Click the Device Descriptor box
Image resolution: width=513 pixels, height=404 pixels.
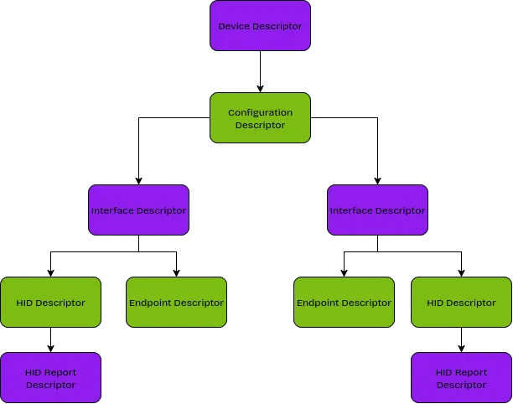click(260, 26)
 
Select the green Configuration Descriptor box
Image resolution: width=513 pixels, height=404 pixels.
click(260, 118)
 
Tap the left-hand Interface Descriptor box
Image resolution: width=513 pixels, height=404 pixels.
click(138, 210)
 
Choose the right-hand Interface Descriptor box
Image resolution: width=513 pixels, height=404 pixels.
click(377, 210)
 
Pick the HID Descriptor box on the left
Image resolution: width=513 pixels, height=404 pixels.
click(50, 303)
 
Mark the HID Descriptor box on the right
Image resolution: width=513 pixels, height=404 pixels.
click(461, 303)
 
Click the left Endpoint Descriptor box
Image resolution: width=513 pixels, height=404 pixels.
click(176, 303)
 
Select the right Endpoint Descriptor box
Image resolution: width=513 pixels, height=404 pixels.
click(344, 303)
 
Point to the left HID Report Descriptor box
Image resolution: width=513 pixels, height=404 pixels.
click(50, 378)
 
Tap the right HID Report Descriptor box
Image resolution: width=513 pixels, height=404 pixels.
click(461, 378)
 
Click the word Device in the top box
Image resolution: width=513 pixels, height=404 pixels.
click(234, 26)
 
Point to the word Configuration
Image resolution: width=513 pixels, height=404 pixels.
click(260, 112)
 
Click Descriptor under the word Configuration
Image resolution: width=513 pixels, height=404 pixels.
click(260, 126)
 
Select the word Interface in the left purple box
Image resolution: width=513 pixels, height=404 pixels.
click(112, 210)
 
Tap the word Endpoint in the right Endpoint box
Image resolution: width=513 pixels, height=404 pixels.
click(319, 303)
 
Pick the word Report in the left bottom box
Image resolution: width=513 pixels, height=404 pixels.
click(60, 372)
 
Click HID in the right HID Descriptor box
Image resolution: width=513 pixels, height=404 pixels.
click(435, 303)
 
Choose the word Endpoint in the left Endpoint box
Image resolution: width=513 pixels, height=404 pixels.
click(151, 303)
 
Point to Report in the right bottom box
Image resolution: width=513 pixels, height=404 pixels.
click(471, 372)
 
